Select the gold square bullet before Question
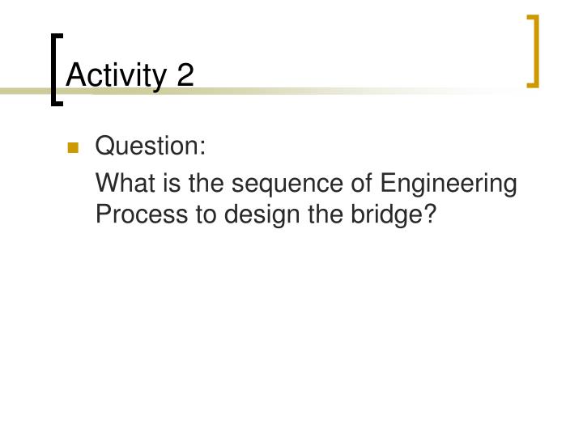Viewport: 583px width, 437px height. (x=73, y=148)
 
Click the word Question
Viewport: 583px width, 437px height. (x=147, y=147)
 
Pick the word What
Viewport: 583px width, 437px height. (x=122, y=184)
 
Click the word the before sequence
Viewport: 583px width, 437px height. (x=207, y=184)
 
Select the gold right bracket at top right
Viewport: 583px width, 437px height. (x=533, y=50)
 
